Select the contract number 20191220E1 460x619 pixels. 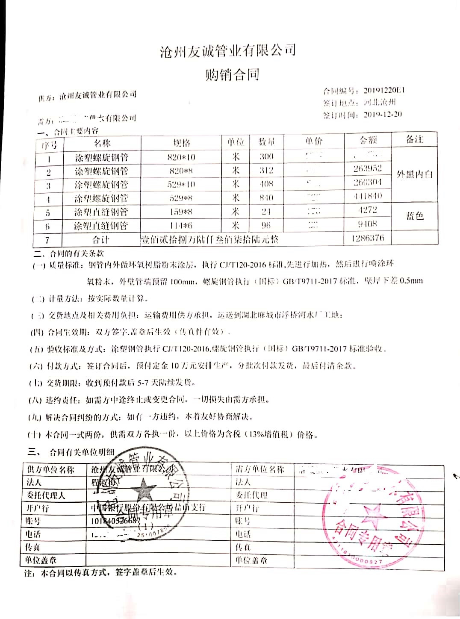pyautogui.click(x=384, y=90)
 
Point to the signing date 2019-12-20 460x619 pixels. pyautogui.click(x=383, y=115)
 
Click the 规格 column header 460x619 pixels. pyautogui.click(x=181, y=143)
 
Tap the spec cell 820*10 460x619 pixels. pyautogui.click(x=181, y=157)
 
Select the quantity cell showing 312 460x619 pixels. pyautogui.click(x=266, y=170)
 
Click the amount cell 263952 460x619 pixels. pyautogui.click(x=367, y=168)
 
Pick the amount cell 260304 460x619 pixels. pyautogui.click(x=367, y=182)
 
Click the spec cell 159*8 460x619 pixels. pyautogui.click(x=181, y=212)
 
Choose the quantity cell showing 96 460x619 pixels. pyautogui.click(x=266, y=225)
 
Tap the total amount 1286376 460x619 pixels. pyautogui.click(x=367, y=238)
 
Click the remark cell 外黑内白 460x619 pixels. pyautogui.click(x=414, y=174)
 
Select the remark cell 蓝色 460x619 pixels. pyautogui.click(x=414, y=216)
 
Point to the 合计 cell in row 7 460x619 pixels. pyautogui.click(x=101, y=239)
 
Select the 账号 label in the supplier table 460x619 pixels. pyautogui.click(x=33, y=521)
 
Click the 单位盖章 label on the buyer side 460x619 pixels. pyautogui.click(x=251, y=560)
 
